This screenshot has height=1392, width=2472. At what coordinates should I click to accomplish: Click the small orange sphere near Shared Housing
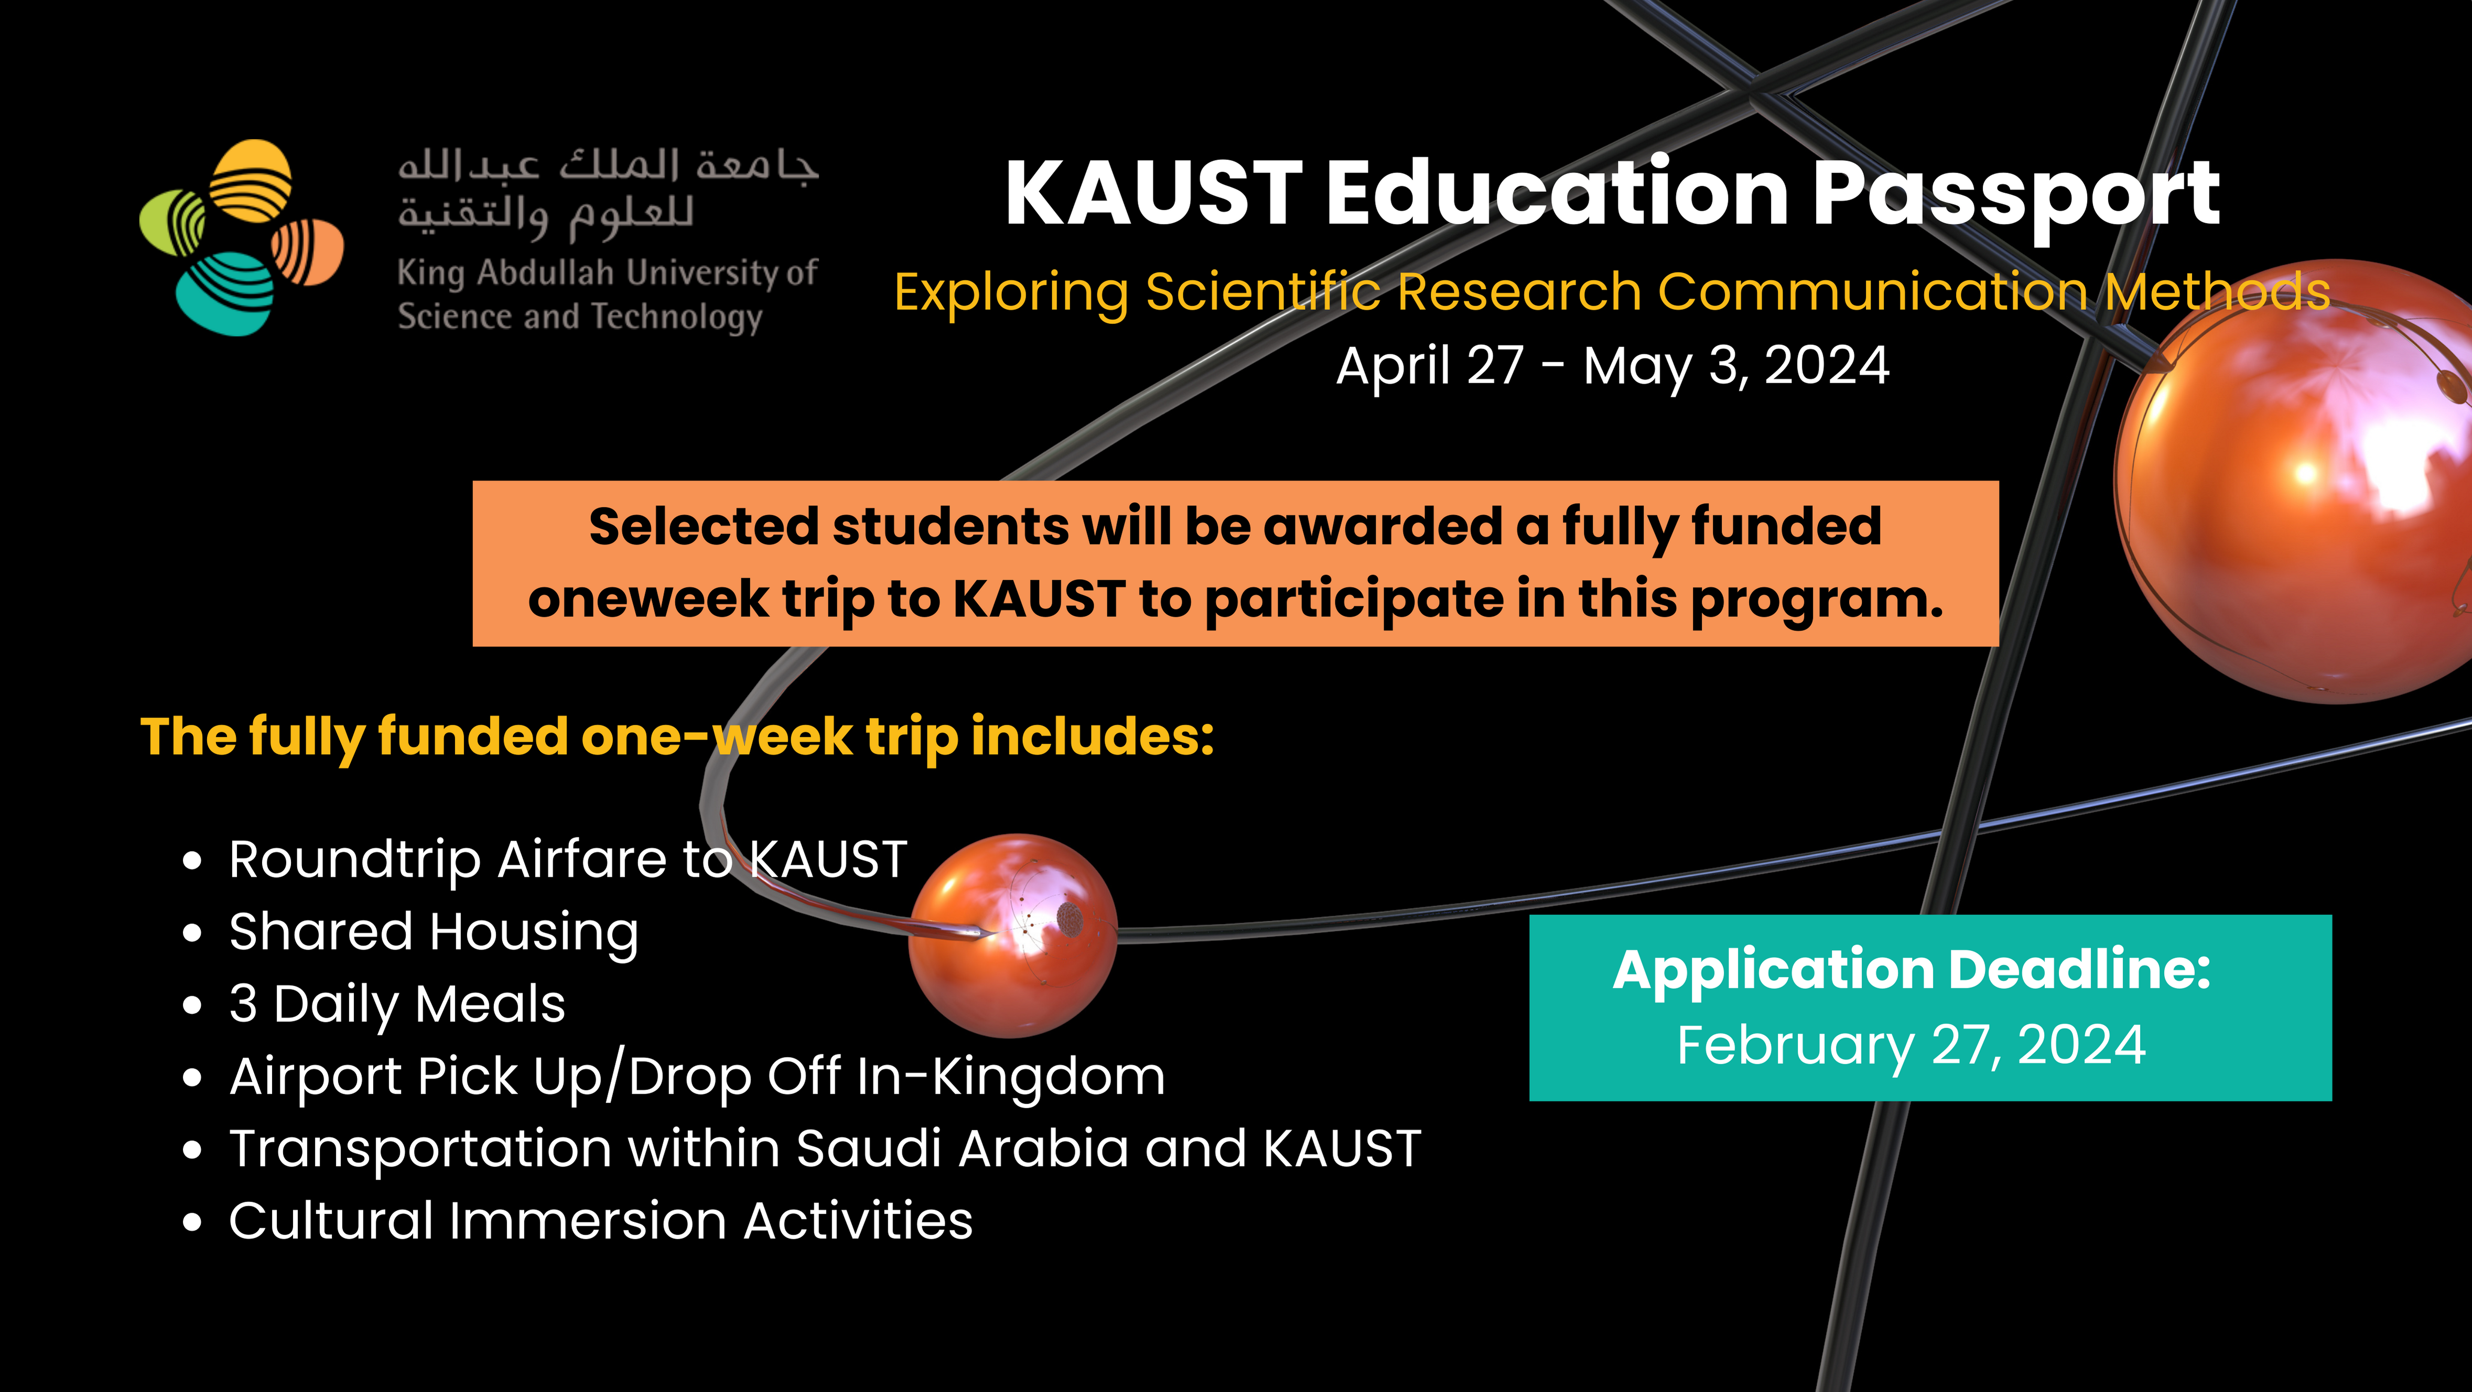[x=1012, y=936]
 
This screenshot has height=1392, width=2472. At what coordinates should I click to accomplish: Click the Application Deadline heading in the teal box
[x=1912, y=970]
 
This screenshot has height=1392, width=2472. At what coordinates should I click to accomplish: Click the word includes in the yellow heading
[x=1093, y=737]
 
